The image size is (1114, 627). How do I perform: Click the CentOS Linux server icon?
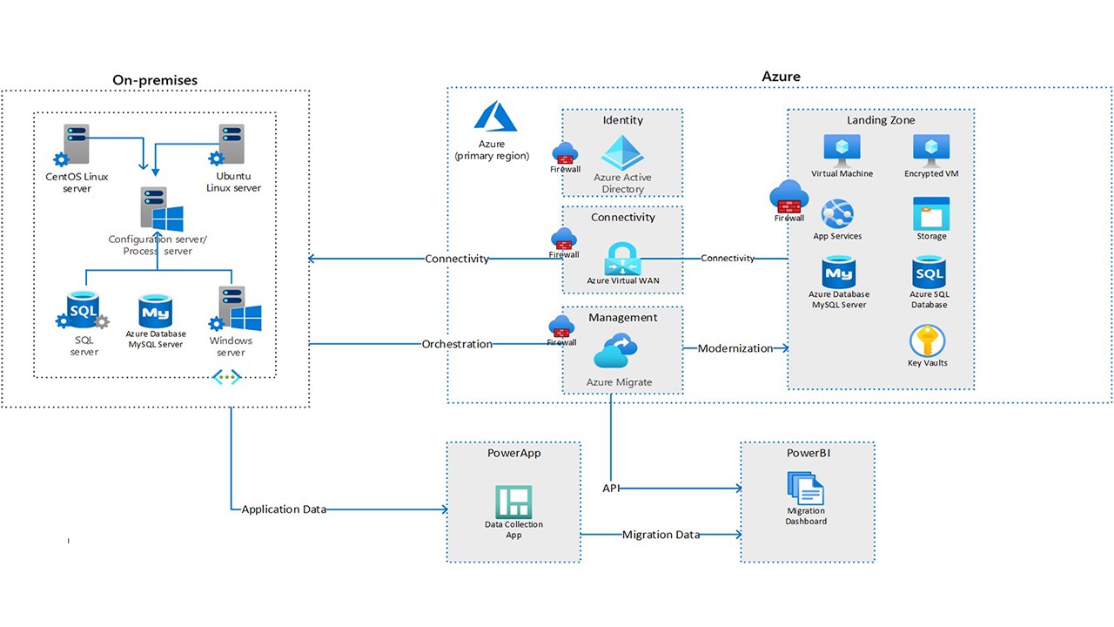point(76,145)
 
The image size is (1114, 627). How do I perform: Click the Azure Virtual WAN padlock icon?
point(623,259)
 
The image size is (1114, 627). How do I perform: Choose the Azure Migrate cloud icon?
point(615,354)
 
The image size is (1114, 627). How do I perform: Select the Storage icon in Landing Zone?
point(931,213)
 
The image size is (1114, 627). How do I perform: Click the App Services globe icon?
point(837,213)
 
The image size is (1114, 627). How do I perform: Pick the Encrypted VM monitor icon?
point(931,150)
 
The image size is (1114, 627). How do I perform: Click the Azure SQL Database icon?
point(929,273)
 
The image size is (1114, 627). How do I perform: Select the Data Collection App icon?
point(513,502)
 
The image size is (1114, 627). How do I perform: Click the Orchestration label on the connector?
point(457,344)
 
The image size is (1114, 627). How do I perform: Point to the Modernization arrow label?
point(735,348)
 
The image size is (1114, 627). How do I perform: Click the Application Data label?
point(284,509)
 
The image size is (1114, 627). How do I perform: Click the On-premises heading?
point(155,80)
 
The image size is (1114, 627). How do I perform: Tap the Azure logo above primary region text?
point(491,118)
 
